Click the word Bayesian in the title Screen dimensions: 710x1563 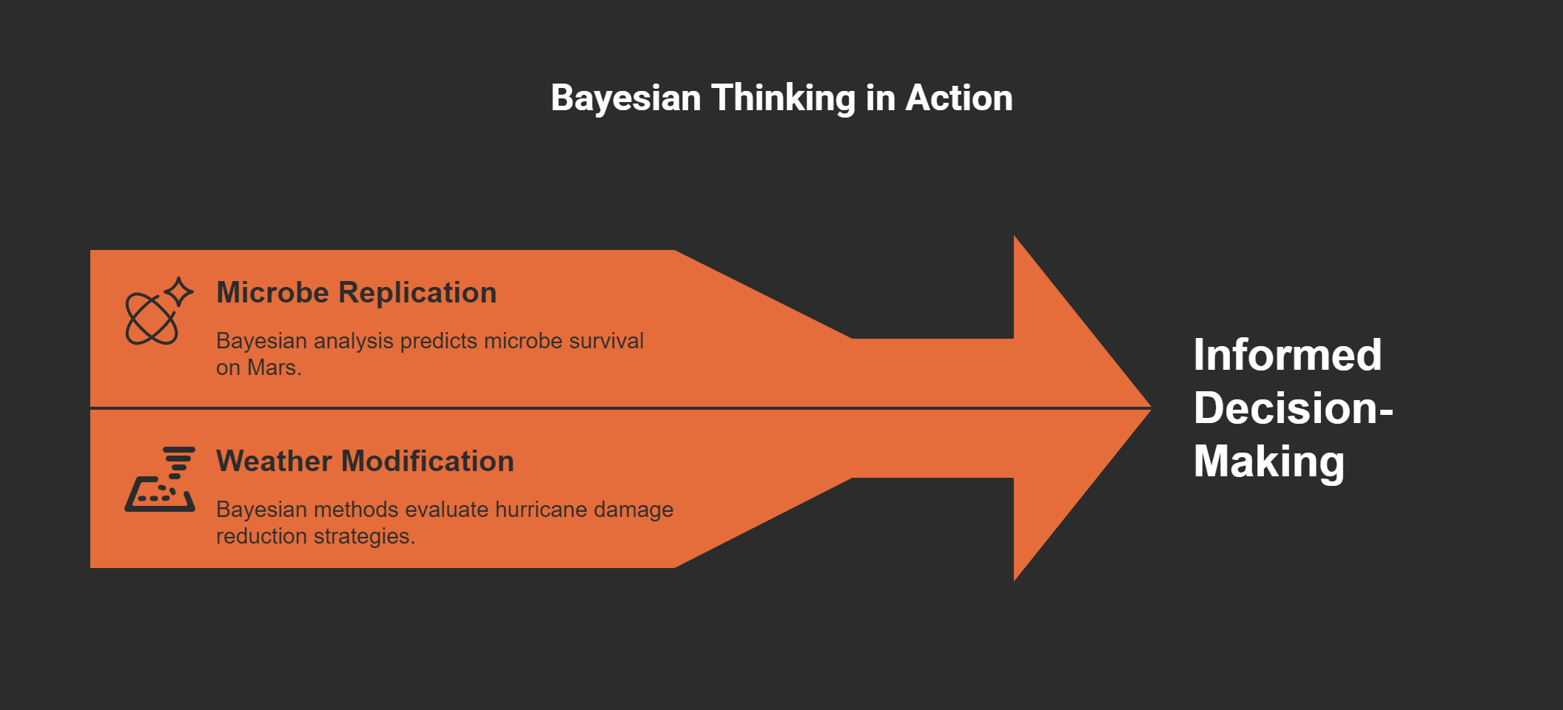[625, 98]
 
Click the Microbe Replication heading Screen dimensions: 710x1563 [356, 293]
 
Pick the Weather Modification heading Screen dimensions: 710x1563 [365, 461]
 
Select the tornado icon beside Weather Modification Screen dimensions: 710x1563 [160, 479]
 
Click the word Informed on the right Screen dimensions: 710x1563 [1287, 355]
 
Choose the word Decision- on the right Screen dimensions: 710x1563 [1293, 408]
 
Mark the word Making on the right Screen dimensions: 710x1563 [1268, 461]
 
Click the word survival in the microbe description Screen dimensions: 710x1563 [606, 341]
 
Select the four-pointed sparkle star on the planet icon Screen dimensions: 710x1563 [179, 292]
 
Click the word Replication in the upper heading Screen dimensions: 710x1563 [417, 293]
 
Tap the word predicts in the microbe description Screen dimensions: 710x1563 [439, 341]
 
